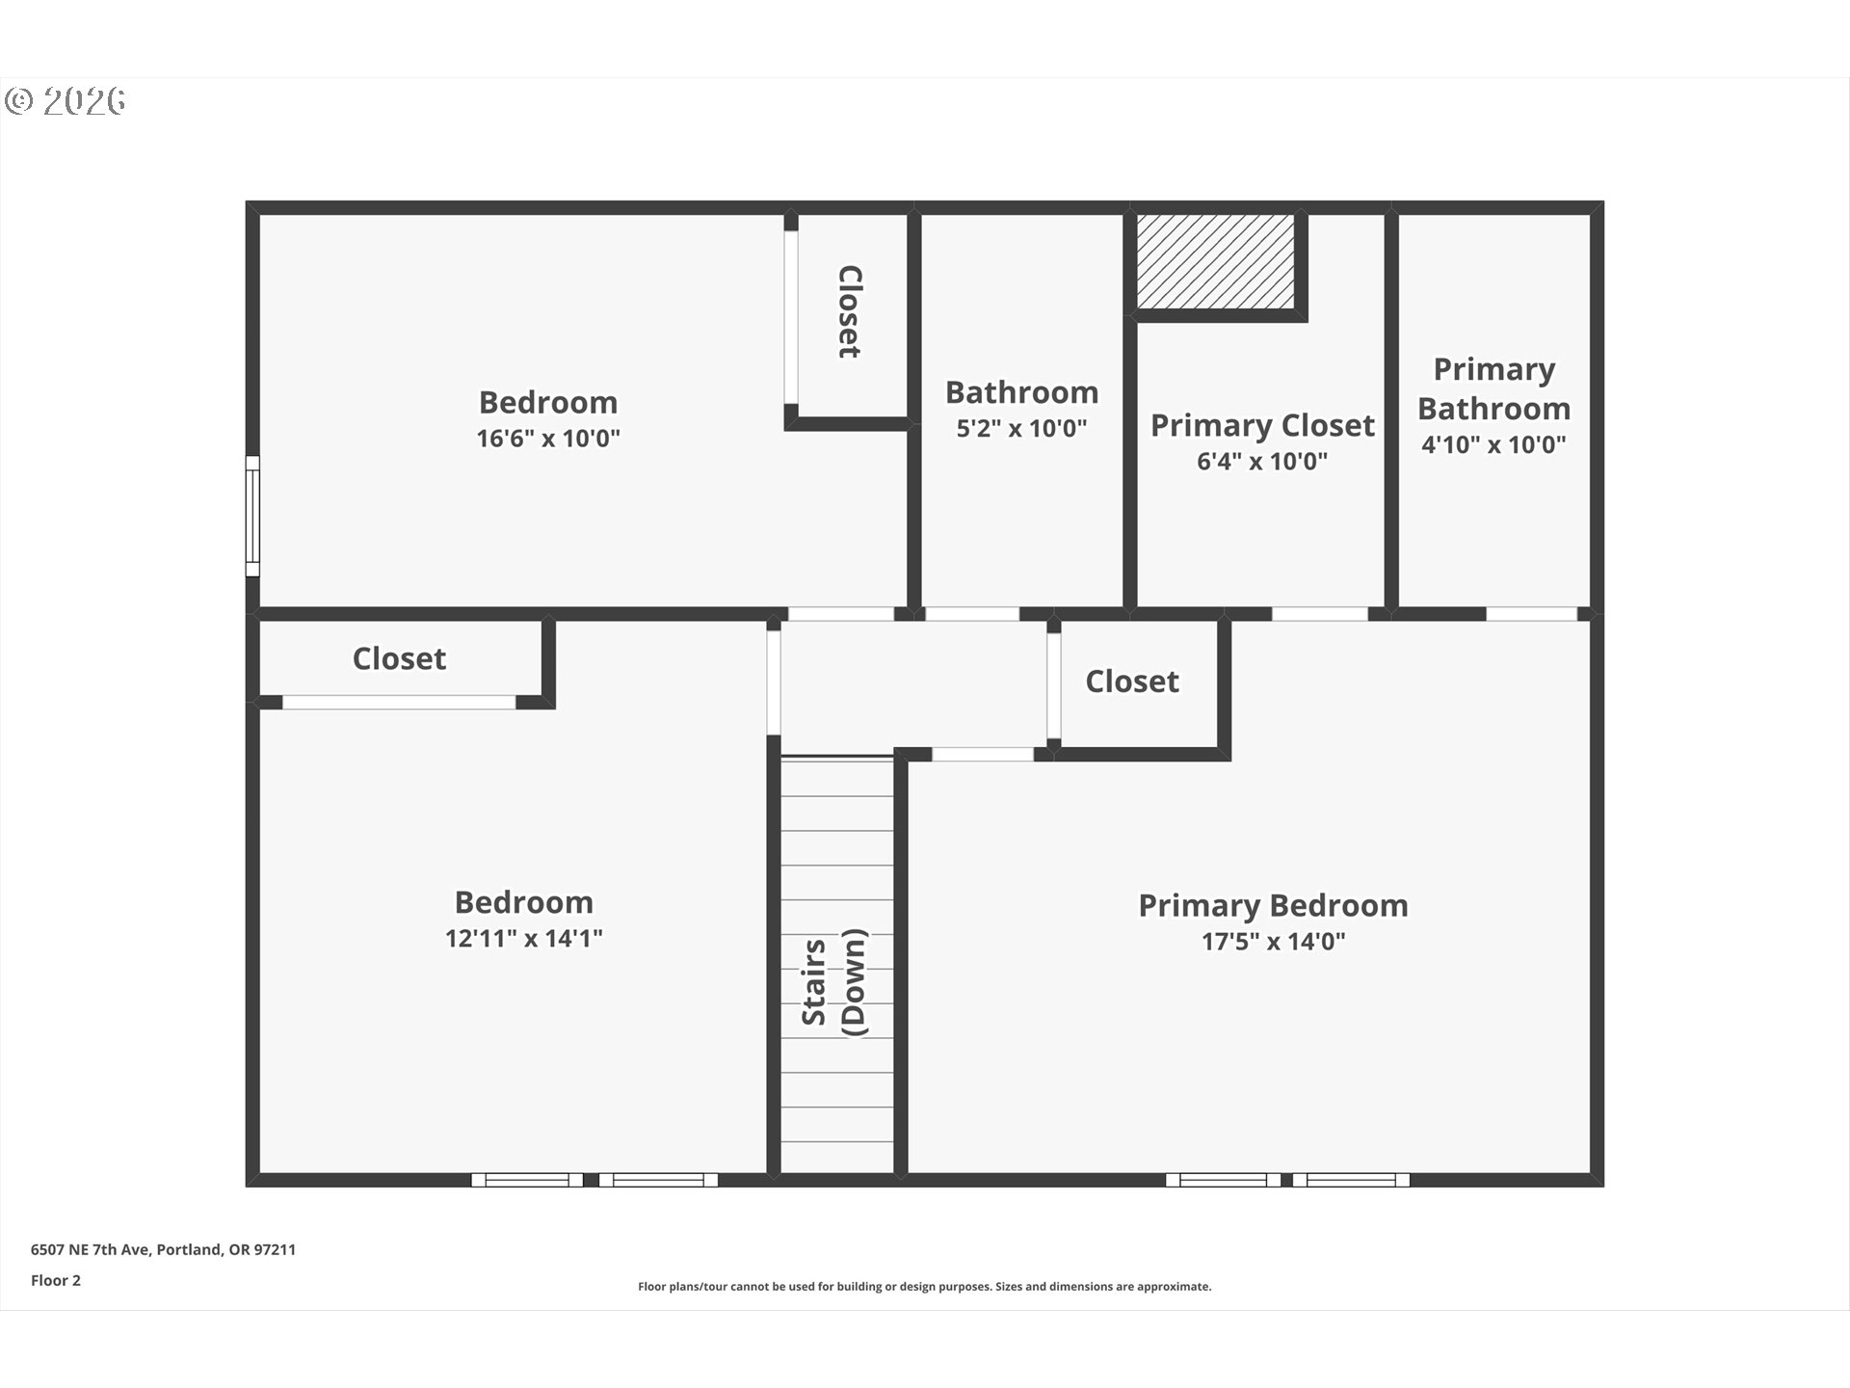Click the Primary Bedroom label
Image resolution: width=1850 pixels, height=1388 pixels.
[x=1273, y=906]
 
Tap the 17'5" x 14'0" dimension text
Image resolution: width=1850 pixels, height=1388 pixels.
[x=1273, y=942]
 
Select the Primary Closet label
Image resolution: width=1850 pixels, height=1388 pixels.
[x=1262, y=425]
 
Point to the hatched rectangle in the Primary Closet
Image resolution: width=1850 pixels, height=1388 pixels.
[x=1215, y=261]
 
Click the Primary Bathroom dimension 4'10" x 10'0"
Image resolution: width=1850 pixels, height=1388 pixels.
[x=1493, y=444]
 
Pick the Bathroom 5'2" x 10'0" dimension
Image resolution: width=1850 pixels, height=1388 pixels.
[x=1021, y=428]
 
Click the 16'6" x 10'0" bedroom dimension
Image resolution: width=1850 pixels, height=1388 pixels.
[x=548, y=439]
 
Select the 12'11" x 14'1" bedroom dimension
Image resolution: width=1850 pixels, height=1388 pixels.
[x=523, y=938]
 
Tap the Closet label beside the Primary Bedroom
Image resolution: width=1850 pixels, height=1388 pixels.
[x=1132, y=681]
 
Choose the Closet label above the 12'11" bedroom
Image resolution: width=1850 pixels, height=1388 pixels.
[x=399, y=658]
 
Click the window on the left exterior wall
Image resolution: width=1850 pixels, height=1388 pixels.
[x=252, y=516]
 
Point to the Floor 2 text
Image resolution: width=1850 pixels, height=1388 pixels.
[x=56, y=1280]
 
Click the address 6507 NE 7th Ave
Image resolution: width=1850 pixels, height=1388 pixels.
[x=90, y=1249]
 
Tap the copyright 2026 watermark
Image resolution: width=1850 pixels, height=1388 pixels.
[x=66, y=100]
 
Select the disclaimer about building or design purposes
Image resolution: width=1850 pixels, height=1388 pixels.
[x=925, y=1287]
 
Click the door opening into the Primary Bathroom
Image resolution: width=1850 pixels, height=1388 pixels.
[x=1531, y=614]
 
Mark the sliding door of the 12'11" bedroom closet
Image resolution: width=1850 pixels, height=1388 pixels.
[x=399, y=703]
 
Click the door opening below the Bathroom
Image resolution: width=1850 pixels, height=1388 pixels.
[x=971, y=614]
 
